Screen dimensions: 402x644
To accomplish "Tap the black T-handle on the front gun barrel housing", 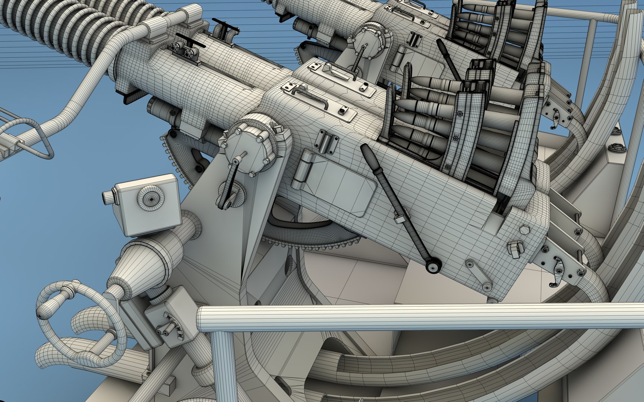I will (190, 45).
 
